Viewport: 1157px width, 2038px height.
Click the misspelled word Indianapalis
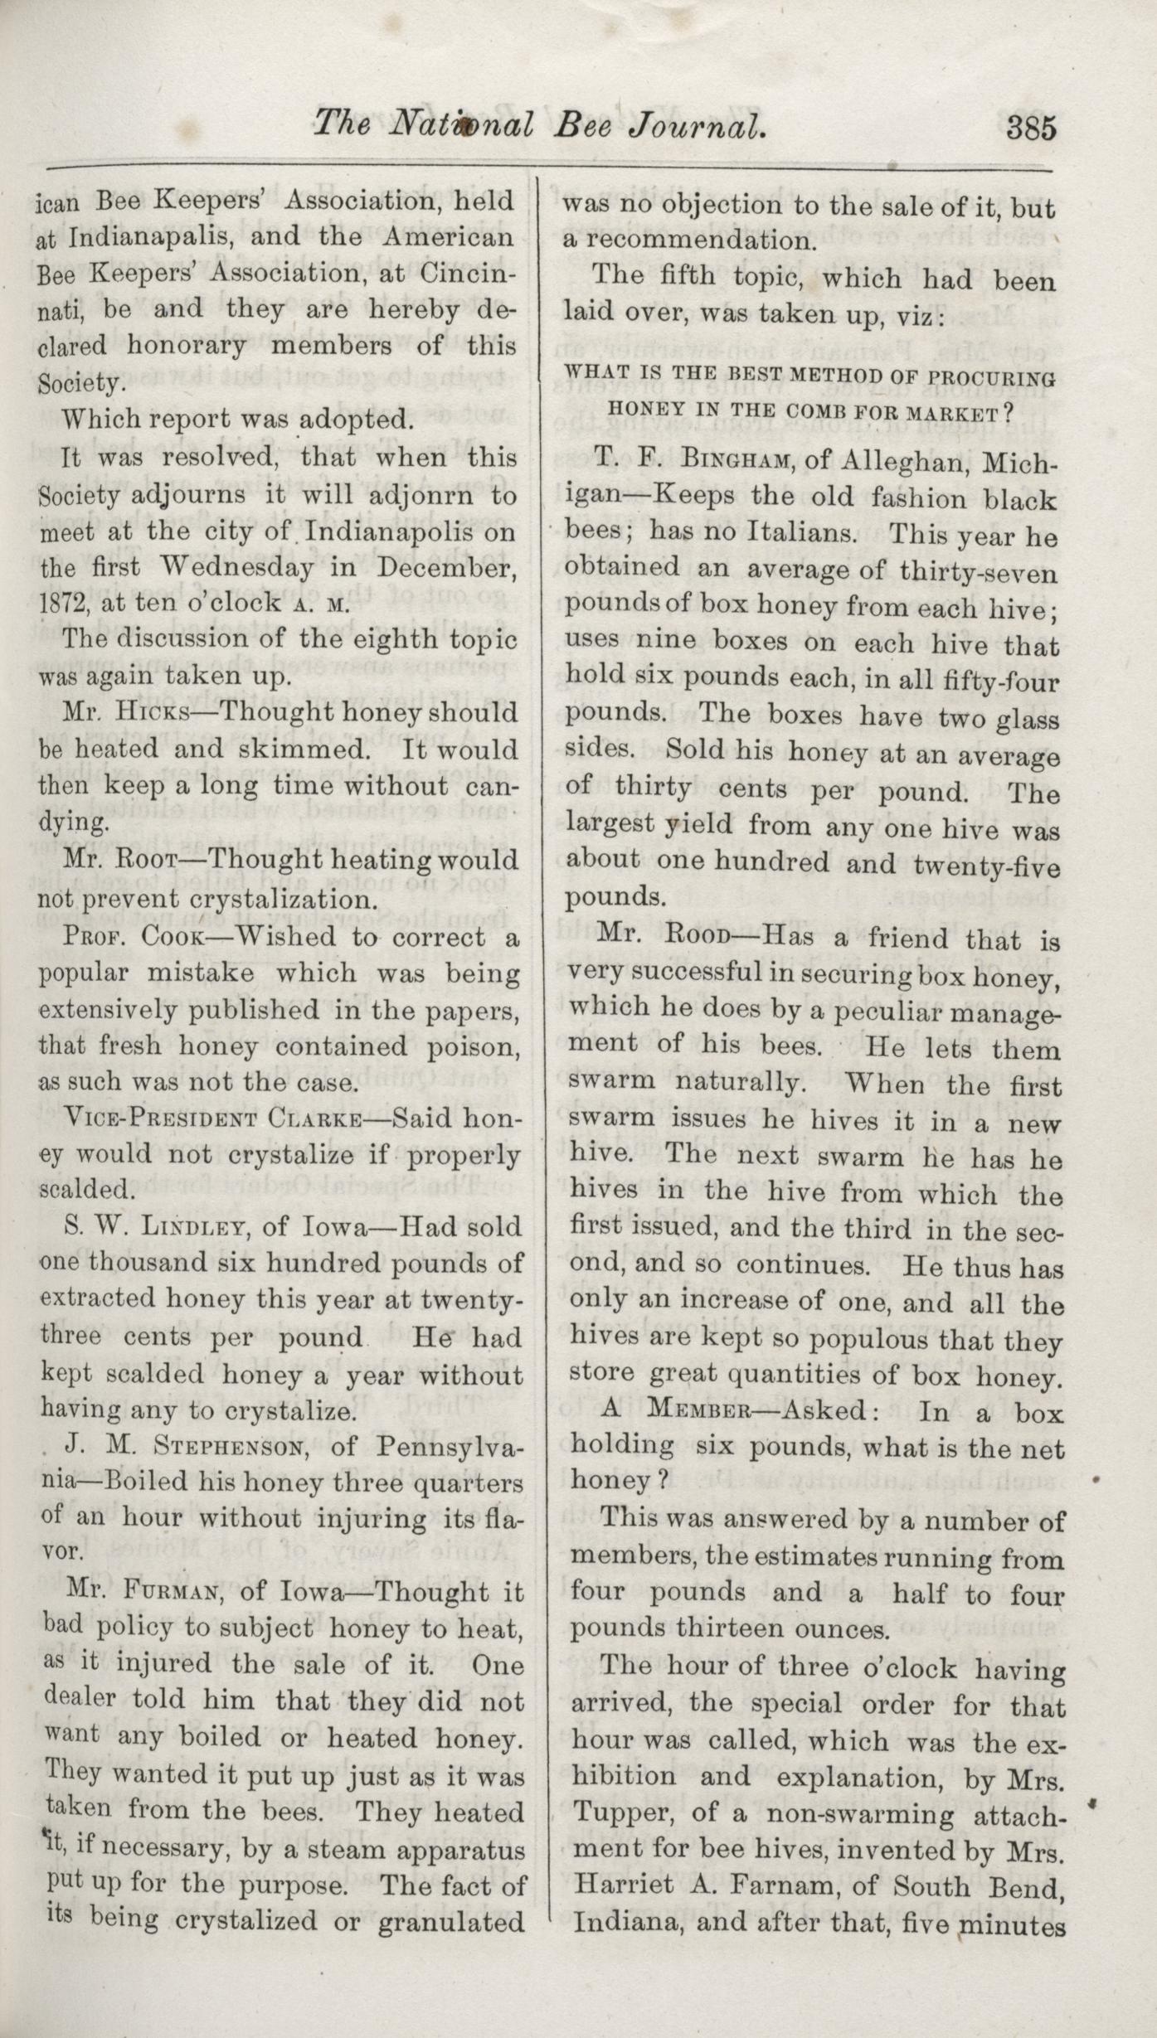tap(154, 238)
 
